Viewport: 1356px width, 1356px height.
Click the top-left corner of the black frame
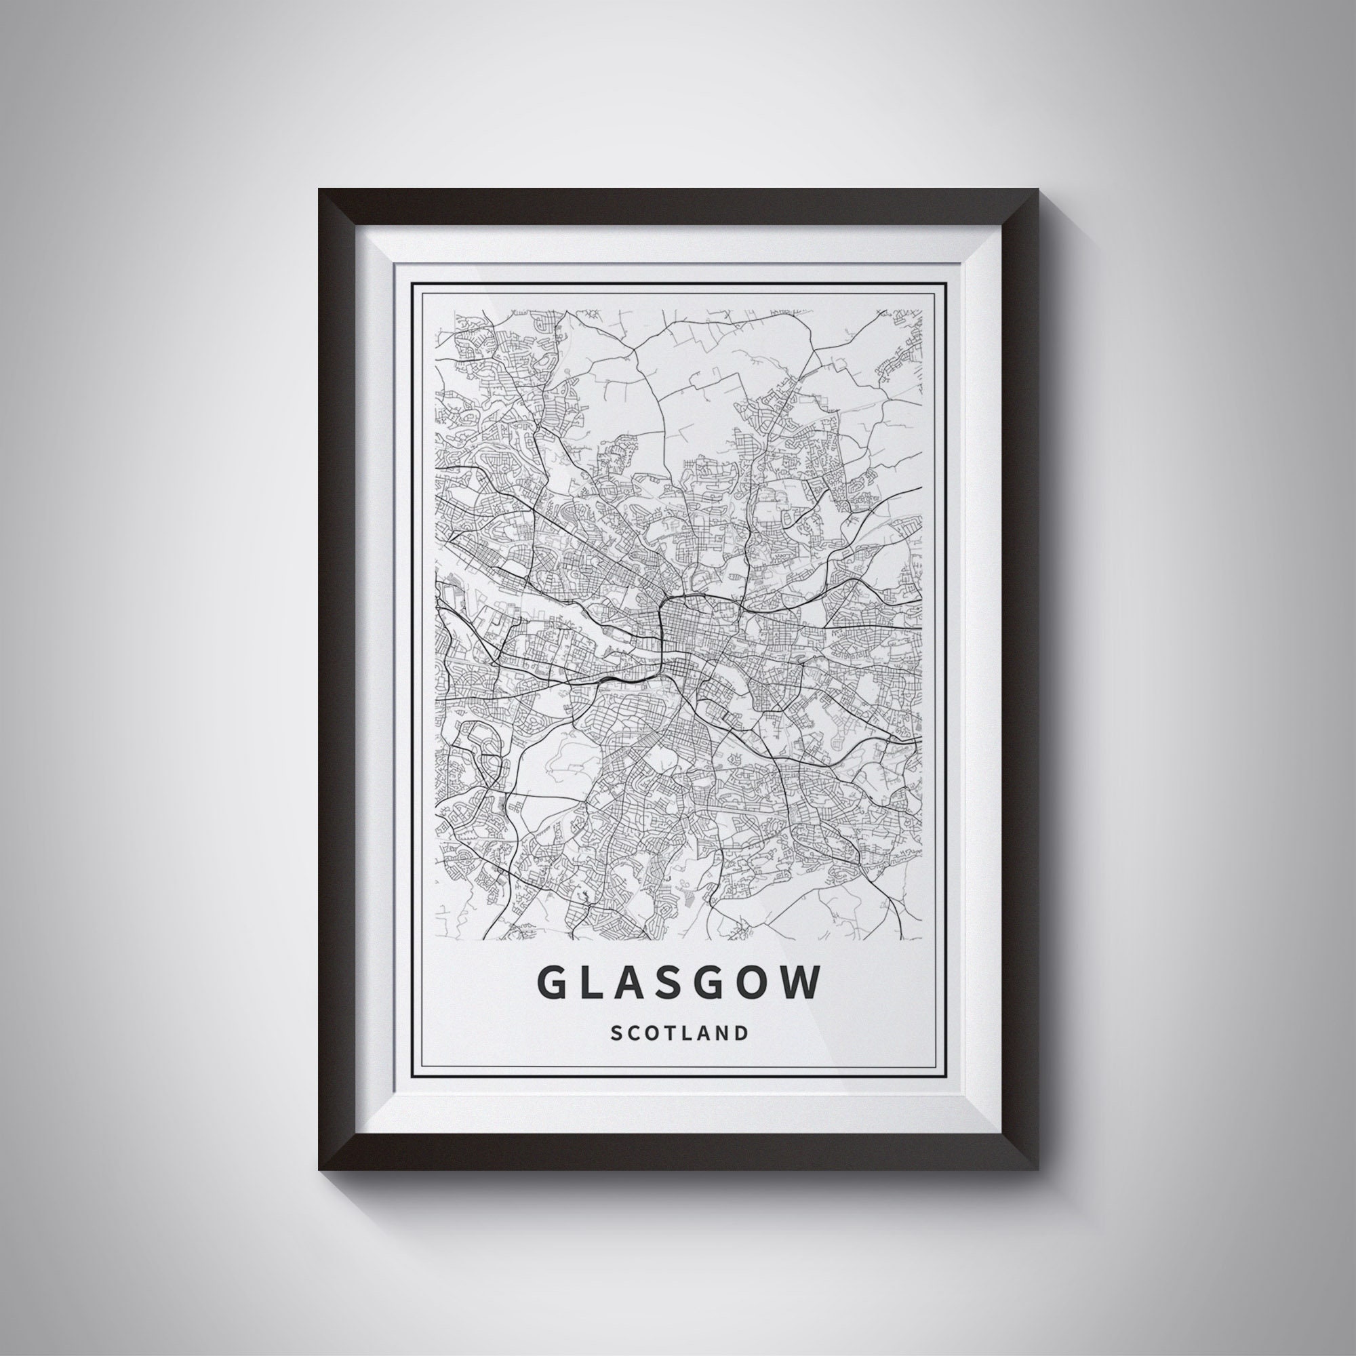[320, 191]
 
